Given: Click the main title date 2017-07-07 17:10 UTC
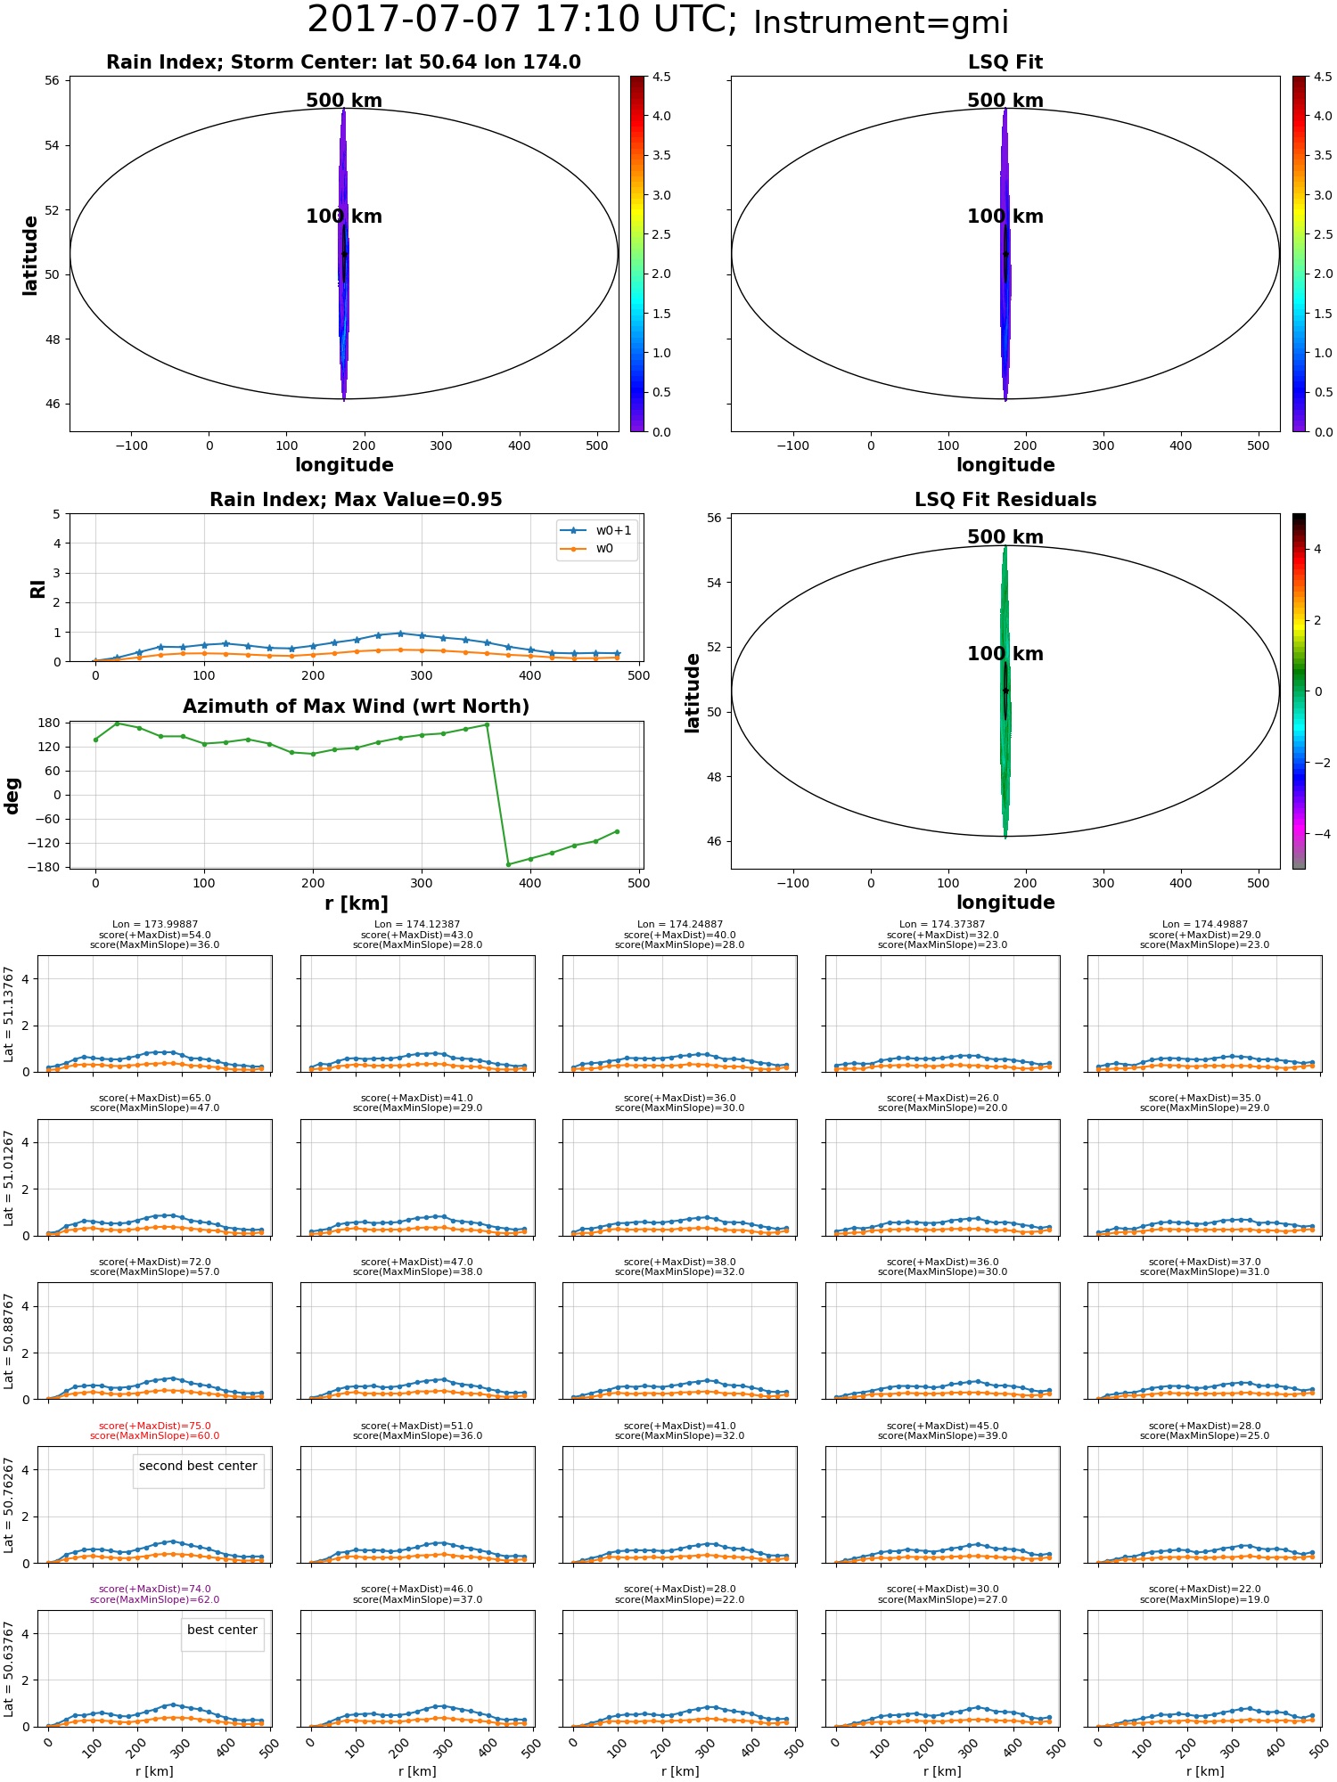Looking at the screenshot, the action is click(x=522, y=20).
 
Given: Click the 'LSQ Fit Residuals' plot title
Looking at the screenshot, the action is click(x=1005, y=500).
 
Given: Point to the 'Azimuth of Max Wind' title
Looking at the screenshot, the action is click(x=356, y=707).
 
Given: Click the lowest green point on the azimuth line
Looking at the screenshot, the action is click(x=508, y=864).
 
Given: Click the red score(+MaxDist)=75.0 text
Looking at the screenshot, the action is click(x=155, y=1426).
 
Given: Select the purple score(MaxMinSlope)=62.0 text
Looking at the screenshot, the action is click(x=155, y=1600).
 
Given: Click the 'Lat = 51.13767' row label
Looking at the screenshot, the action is click(x=9, y=1014).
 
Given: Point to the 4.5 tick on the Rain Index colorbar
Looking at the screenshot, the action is click(x=661, y=77).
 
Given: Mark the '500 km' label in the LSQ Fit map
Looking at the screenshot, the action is click(x=1005, y=101).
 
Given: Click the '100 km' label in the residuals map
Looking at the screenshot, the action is click(x=1005, y=654).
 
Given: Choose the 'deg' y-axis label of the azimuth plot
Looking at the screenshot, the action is click(x=12, y=796).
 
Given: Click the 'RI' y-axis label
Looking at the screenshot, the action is click(x=38, y=589).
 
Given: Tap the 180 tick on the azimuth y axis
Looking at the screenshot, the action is click(x=49, y=723).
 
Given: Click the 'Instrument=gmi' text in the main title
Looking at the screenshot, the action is click(x=881, y=23).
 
